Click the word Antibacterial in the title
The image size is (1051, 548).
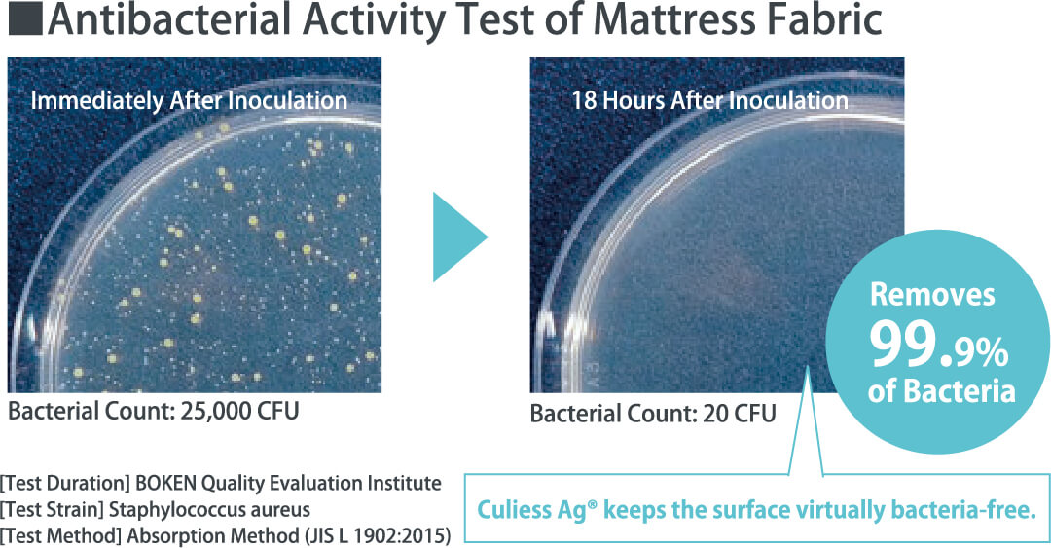click(x=170, y=20)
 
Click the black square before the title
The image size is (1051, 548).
click(x=24, y=20)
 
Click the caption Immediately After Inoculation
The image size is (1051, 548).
click(x=189, y=101)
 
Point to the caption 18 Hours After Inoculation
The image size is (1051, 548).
click(x=709, y=101)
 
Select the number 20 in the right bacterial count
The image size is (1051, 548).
click(x=716, y=413)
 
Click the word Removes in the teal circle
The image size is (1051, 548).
click(x=932, y=295)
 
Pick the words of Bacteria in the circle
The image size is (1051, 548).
click(x=941, y=391)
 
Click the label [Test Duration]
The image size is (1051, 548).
click(x=65, y=484)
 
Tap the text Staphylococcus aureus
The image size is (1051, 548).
click(x=209, y=510)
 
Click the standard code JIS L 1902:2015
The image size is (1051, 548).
click(x=377, y=536)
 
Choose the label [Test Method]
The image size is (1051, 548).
click(x=61, y=536)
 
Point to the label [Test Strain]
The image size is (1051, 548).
click(x=52, y=510)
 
